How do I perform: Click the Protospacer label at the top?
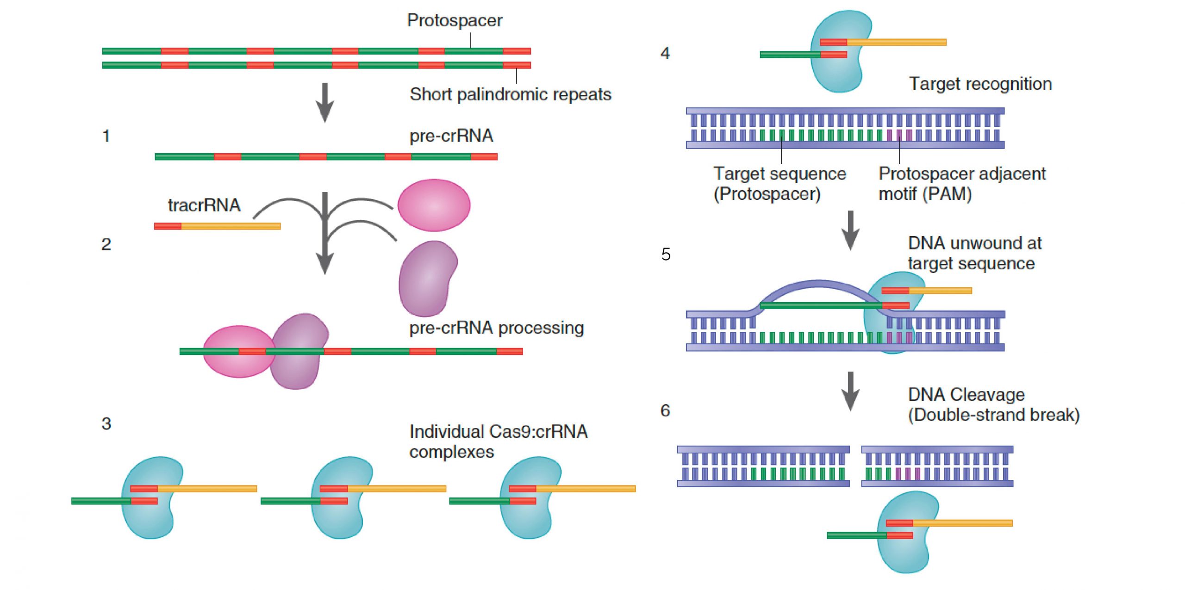pyautogui.click(x=454, y=20)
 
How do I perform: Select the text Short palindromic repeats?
pyautogui.click(x=510, y=94)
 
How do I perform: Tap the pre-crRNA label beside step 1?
pyautogui.click(x=451, y=136)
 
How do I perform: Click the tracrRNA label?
pyautogui.click(x=204, y=205)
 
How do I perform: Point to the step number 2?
pyautogui.click(x=106, y=244)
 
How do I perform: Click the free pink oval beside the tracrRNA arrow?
pyautogui.click(x=434, y=205)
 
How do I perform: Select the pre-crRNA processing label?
pyautogui.click(x=496, y=328)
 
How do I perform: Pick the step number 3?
pyautogui.click(x=106, y=423)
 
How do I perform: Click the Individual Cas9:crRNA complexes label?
pyautogui.click(x=498, y=441)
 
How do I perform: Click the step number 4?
pyautogui.click(x=665, y=53)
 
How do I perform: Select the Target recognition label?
pyautogui.click(x=980, y=84)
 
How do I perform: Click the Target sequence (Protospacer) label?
pyautogui.click(x=780, y=184)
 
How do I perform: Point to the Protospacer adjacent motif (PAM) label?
pyautogui.click(x=961, y=184)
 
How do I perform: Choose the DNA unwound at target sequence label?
pyautogui.click(x=974, y=253)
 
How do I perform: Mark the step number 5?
pyautogui.click(x=666, y=254)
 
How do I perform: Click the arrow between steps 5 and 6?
pyautogui.click(x=850, y=391)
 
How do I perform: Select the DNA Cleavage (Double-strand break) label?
pyautogui.click(x=993, y=404)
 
